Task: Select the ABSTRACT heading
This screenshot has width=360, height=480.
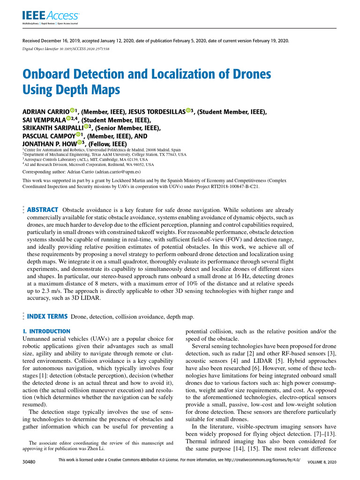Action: [43, 209]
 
